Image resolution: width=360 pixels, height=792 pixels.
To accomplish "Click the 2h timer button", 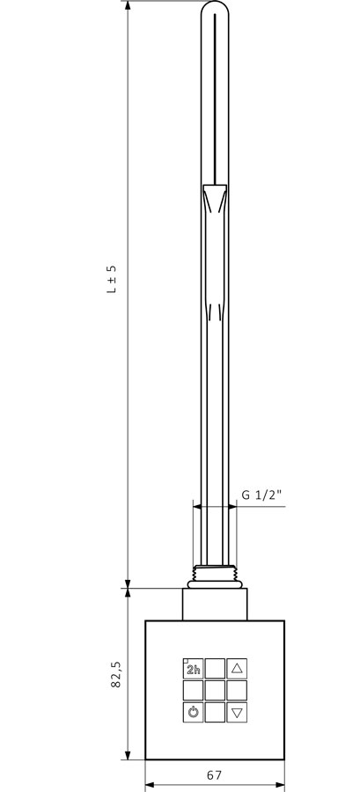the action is click(x=193, y=668).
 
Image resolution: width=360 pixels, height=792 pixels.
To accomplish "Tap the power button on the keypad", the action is click(x=193, y=712).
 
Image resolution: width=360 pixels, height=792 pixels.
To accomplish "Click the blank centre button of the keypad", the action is click(x=215, y=690).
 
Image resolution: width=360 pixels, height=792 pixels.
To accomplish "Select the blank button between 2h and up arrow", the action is click(x=215, y=668).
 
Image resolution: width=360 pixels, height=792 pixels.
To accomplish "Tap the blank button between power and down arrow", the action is click(x=215, y=712).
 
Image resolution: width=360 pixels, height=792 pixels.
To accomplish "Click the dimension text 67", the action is click(x=215, y=774).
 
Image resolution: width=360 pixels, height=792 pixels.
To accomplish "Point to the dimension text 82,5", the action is click(x=117, y=674).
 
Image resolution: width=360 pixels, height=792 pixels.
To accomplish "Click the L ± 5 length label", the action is click(x=112, y=278).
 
